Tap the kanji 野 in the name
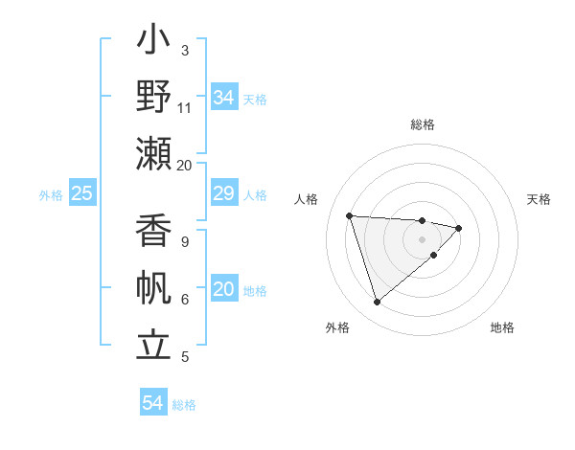154,98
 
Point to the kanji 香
154,234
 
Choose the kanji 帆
154,289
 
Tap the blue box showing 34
223,98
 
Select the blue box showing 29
223,194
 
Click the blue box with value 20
223,290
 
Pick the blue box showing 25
81,194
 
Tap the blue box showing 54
152,403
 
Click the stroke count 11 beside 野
185,108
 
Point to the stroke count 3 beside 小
185,49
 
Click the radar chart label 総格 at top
423,124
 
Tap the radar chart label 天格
540,199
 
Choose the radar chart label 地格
502,327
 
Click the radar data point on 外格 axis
377,303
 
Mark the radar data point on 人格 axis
350,215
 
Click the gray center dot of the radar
423,238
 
